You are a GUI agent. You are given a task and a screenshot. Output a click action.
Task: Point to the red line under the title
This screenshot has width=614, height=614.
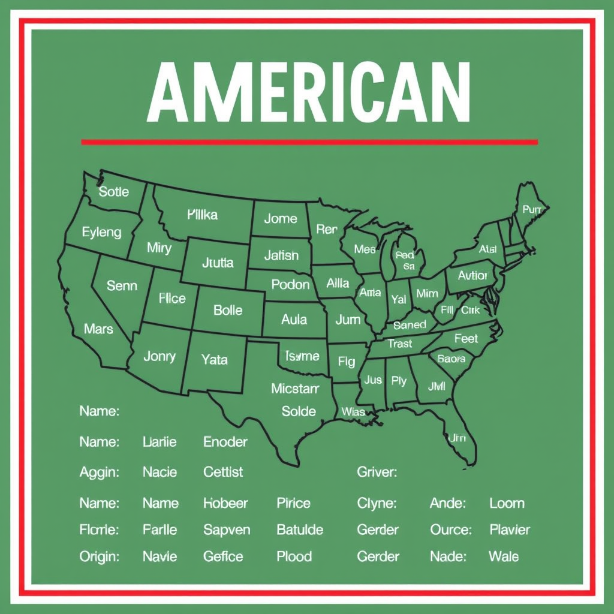[309, 142]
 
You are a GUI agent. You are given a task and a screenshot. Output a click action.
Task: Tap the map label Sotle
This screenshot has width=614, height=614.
[113, 192]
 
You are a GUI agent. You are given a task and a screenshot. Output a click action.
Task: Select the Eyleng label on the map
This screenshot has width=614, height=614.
[101, 232]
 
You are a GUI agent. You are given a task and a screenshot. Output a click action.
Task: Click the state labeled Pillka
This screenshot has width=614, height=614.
[202, 215]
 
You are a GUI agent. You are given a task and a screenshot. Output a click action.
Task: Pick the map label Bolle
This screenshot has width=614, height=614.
[228, 310]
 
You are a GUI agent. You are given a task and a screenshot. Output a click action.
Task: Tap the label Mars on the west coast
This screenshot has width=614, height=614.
[98, 329]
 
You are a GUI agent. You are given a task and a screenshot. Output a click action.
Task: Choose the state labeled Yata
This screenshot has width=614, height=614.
[214, 360]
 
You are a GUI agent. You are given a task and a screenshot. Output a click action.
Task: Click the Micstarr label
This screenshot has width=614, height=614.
[295, 389]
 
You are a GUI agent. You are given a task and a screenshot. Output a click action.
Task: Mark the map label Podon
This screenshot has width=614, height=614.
[290, 284]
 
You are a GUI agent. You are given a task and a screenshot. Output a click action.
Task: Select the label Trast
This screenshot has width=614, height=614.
[399, 344]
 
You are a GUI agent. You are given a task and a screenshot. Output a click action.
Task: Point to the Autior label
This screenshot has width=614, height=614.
[472, 275]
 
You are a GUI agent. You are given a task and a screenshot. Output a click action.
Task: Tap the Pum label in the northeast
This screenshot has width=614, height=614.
[532, 209]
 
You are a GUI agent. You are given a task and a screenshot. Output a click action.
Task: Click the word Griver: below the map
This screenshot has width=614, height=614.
[377, 472]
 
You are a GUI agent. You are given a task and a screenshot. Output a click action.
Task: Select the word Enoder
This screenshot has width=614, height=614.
[225, 442]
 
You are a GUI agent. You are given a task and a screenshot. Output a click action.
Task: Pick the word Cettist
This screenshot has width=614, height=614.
[223, 472]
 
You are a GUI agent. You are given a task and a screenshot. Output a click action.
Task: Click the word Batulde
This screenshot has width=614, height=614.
[300, 529]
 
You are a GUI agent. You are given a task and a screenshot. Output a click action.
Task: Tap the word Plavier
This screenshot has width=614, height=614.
[510, 529]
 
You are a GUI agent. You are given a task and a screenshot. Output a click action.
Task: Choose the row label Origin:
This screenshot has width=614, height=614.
[99, 556]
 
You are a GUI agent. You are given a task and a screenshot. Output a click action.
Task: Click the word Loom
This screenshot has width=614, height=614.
[507, 503]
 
